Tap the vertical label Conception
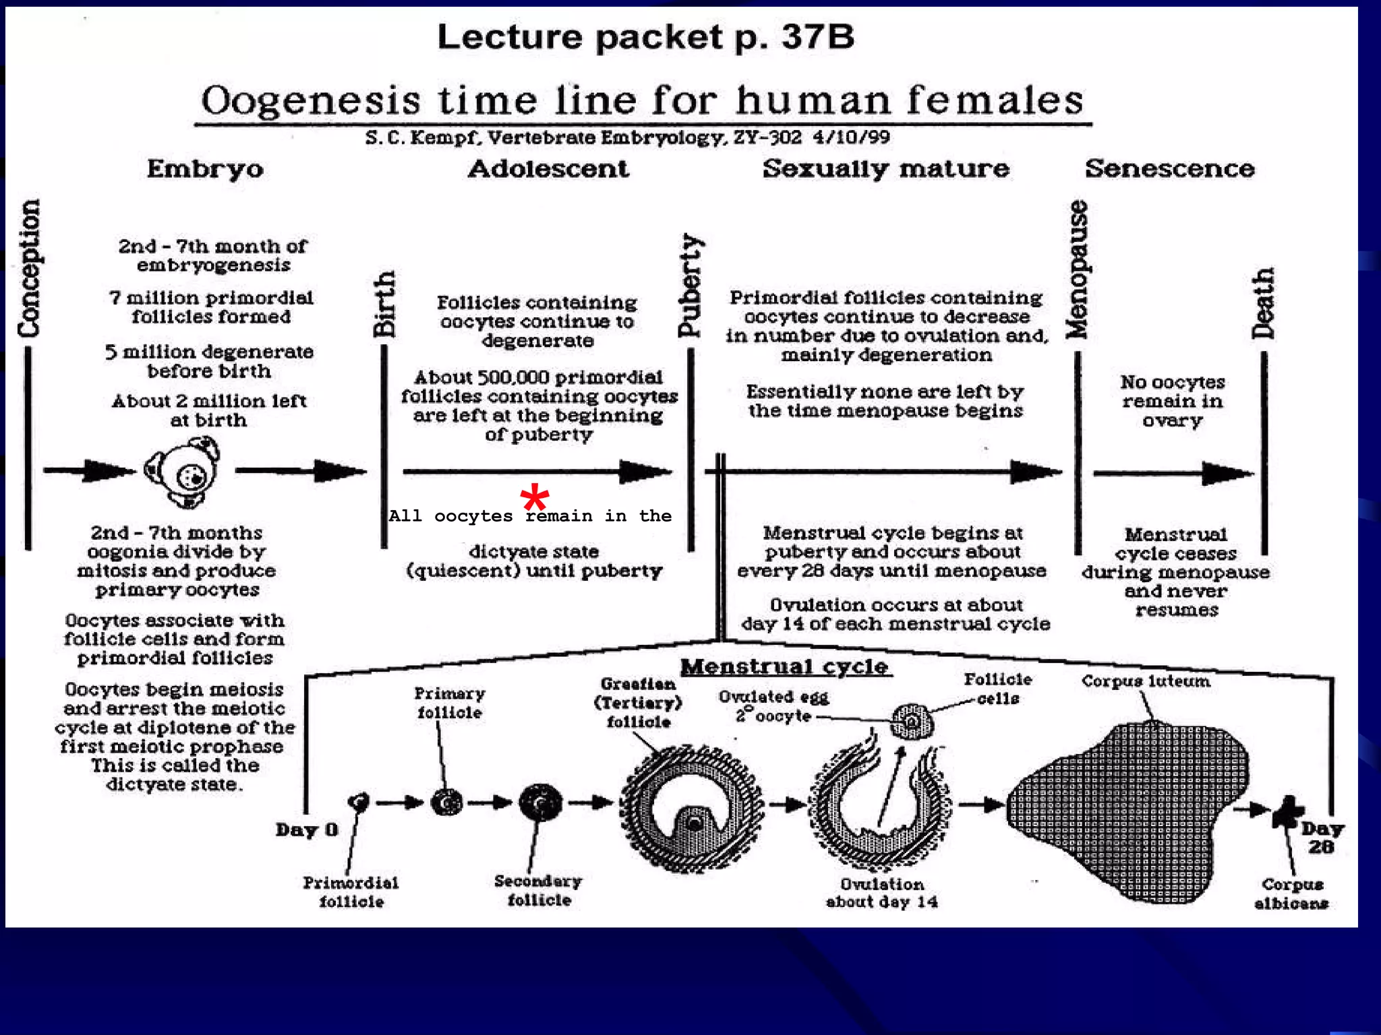29,268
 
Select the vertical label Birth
384,304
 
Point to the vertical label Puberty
690,285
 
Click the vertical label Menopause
1077,270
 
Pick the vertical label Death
1264,303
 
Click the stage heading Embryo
205,168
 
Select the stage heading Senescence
1169,168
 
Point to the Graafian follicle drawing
692,809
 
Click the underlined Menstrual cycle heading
785,667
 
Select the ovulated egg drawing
912,722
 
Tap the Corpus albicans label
1291,893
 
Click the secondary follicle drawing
541,803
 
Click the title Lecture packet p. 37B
645,36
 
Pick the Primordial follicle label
351,892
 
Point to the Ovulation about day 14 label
882,893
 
